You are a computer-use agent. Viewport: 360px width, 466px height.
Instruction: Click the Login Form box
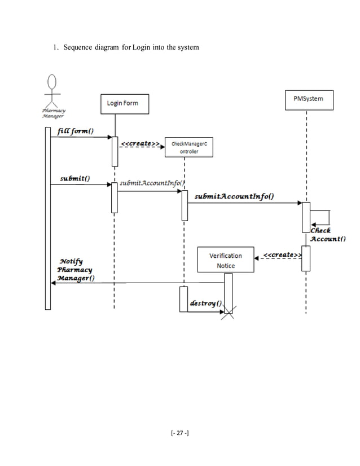tap(122, 103)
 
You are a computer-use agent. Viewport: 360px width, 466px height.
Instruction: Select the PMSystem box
tap(308, 98)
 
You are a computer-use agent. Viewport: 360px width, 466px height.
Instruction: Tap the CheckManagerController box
tap(185, 147)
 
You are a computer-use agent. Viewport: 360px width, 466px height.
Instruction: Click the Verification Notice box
tap(225, 260)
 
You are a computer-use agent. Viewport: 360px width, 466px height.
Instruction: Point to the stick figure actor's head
tap(53, 82)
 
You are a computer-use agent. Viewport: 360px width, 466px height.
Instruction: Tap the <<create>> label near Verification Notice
tap(280, 255)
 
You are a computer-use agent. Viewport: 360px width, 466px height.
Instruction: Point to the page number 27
tap(181, 433)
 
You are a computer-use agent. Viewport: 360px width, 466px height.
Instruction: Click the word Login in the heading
tap(143, 47)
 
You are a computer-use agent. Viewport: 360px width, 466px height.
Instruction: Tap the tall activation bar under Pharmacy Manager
tap(47, 218)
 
